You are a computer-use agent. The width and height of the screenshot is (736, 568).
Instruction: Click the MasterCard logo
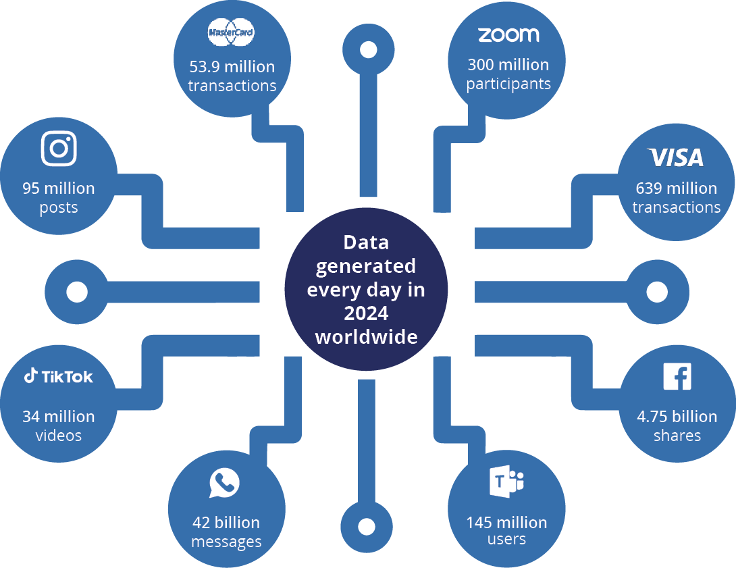(x=232, y=33)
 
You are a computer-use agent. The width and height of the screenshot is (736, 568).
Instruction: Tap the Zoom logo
(x=508, y=34)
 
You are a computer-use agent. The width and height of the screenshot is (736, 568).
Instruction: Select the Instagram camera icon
(x=59, y=148)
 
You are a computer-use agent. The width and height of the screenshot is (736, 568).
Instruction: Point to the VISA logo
(x=676, y=157)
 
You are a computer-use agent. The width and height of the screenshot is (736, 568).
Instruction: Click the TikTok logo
(x=59, y=376)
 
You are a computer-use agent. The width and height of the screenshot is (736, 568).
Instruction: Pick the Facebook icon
(x=677, y=376)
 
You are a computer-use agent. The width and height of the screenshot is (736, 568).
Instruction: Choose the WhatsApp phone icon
(x=225, y=484)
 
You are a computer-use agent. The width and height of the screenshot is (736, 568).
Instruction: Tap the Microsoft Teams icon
(x=507, y=482)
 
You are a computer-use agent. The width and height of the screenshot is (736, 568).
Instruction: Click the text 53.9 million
(x=232, y=67)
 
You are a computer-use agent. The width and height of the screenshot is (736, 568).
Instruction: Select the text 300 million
(x=508, y=65)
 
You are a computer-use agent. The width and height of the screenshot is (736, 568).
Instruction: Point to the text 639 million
(x=676, y=188)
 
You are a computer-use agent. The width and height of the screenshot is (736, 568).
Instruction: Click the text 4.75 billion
(x=677, y=416)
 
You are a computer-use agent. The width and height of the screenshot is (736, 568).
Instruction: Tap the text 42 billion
(x=226, y=523)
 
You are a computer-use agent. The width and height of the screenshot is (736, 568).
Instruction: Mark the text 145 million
(x=506, y=522)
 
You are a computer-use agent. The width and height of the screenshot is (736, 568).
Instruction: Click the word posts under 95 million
(x=59, y=208)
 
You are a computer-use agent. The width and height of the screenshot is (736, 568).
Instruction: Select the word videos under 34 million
(x=59, y=436)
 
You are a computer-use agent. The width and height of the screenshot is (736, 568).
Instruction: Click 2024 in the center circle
(x=366, y=313)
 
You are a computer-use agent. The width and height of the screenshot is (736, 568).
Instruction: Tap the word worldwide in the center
(x=366, y=336)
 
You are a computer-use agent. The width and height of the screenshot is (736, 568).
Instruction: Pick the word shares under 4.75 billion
(x=677, y=436)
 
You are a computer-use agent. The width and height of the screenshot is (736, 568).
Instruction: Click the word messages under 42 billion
(x=226, y=542)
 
